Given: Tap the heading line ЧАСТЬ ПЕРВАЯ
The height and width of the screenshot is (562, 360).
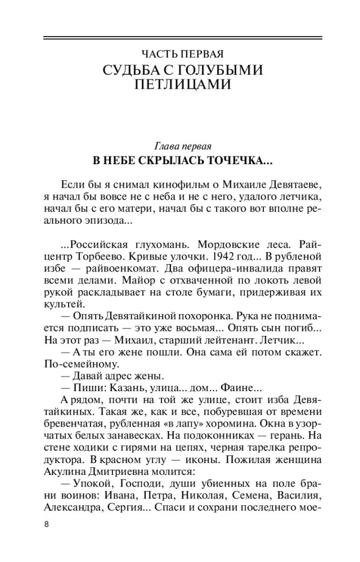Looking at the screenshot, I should click(182, 55).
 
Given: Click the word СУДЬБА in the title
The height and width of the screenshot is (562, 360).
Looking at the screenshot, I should click(130, 71).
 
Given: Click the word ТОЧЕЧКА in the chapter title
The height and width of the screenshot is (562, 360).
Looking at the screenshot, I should click(238, 160).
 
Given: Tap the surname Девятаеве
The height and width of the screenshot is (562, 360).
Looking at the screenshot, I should click(294, 185).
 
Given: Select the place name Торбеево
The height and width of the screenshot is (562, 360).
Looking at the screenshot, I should click(98, 256).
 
